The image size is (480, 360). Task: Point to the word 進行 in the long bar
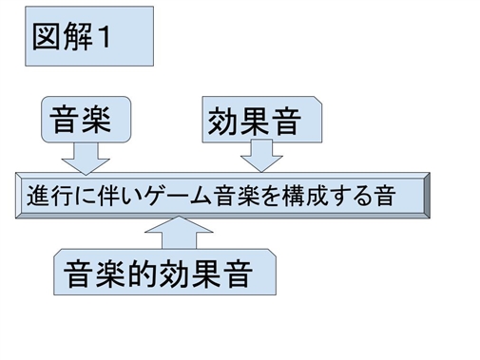[43, 197]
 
